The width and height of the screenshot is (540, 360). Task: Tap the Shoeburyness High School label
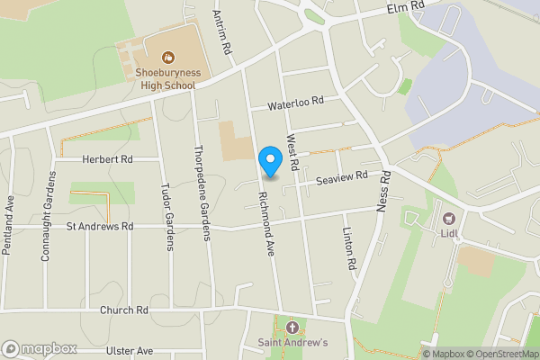click(x=167, y=78)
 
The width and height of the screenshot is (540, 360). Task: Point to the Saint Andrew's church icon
click(x=291, y=327)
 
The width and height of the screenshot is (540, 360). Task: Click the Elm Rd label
click(x=404, y=7)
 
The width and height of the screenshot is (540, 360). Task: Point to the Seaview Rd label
click(x=343, y=179)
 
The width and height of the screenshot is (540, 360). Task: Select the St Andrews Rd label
click(x=100, y=226)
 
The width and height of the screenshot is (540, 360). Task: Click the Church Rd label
click(x=123, y=310)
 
